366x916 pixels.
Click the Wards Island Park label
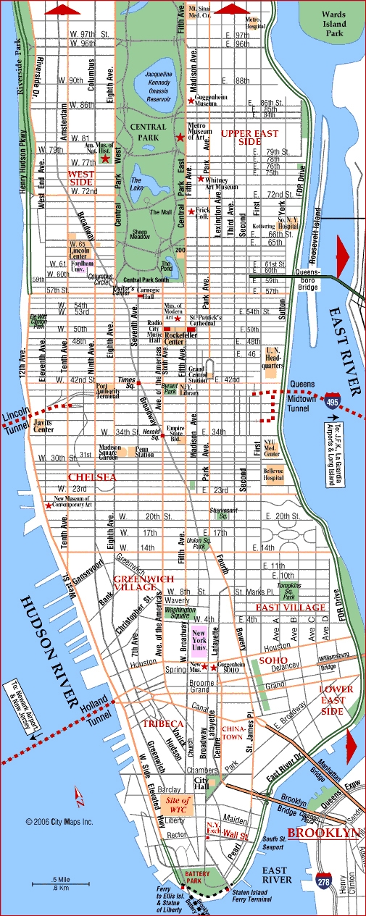335,24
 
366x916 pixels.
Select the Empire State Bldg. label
176,433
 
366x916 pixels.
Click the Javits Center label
43,426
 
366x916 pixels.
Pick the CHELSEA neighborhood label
92,477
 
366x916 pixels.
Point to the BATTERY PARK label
198,875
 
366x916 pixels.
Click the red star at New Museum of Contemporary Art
49,505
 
